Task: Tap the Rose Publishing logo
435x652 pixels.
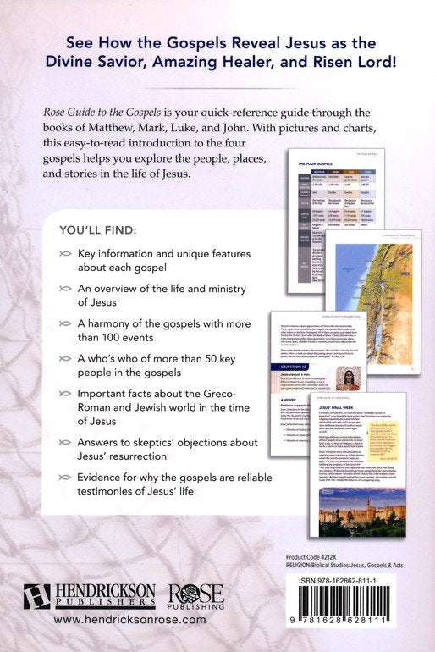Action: [x=184, y=596]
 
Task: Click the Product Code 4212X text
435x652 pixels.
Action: [x=321, y=555]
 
